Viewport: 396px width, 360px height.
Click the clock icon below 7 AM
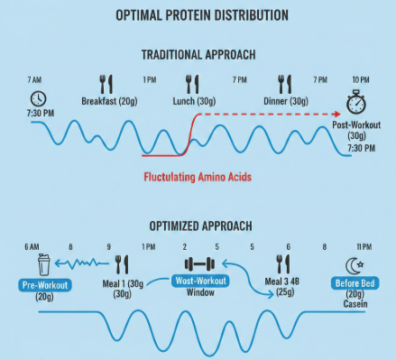click(38, 98)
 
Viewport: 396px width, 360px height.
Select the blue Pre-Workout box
click(38, 288)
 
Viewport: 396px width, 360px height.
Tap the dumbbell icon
click(199, 264)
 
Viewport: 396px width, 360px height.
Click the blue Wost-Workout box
click(199, 282)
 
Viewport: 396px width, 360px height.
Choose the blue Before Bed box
click(357, 285)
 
